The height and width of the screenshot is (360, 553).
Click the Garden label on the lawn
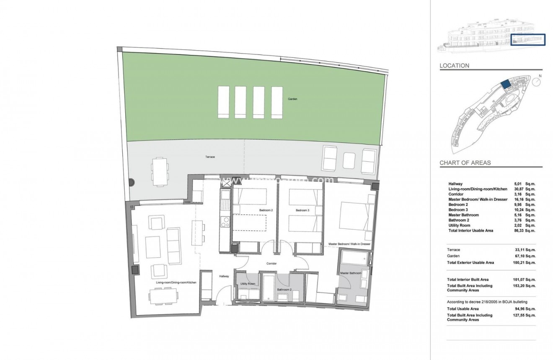coord(292,99)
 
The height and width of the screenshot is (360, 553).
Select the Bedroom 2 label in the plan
coord(266,210)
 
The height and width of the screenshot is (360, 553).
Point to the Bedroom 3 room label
coord(302,210)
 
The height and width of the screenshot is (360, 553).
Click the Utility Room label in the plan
coord(248,284)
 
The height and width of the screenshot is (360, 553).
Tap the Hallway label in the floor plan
coord(224,276)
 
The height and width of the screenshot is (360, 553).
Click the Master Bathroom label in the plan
coord(350,273)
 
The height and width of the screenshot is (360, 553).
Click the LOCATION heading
coord(454,66)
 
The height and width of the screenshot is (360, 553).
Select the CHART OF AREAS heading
coord(465,163)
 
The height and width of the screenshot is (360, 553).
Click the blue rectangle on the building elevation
coord(528,40)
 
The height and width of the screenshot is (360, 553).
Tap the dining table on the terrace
coord(159,171)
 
